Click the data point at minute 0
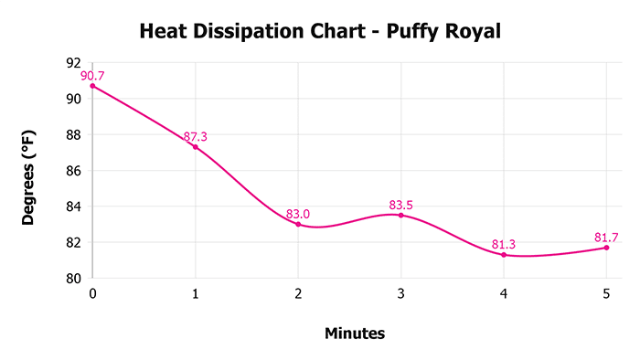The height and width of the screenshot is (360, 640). (92, 86)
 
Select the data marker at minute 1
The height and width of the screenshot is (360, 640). (195, 147)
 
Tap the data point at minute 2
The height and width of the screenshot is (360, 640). (298, 224)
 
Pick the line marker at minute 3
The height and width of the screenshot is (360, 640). (400, 215)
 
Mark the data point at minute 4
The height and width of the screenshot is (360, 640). (504, 254)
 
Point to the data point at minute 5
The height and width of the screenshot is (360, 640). (606, 248)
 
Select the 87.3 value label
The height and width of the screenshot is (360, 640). (195, 137)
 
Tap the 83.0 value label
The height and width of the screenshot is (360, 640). (298, 214)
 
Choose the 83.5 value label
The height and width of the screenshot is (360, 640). (400, 205)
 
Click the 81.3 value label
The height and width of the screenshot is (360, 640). (504, 244)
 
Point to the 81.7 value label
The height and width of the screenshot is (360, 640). (606, 238)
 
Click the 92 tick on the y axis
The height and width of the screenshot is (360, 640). (73, 63)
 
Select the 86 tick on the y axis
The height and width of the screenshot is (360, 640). (73, 171)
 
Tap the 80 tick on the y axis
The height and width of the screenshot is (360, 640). (73, 279)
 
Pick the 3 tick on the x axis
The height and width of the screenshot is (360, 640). (400, 293)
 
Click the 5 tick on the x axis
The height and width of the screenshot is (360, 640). (606, 293)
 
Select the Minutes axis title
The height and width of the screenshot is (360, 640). (355, 334)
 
